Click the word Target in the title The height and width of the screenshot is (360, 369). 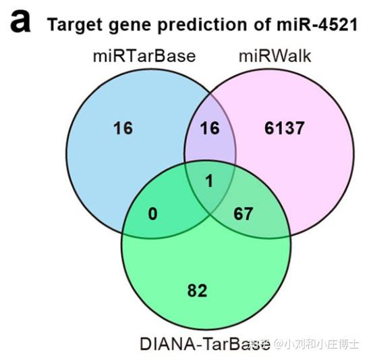click(72, 25)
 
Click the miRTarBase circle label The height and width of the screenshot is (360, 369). click(144, 56)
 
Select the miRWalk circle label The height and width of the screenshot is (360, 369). click(275, 56)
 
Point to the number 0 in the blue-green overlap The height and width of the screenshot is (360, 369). click(154, 214)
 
